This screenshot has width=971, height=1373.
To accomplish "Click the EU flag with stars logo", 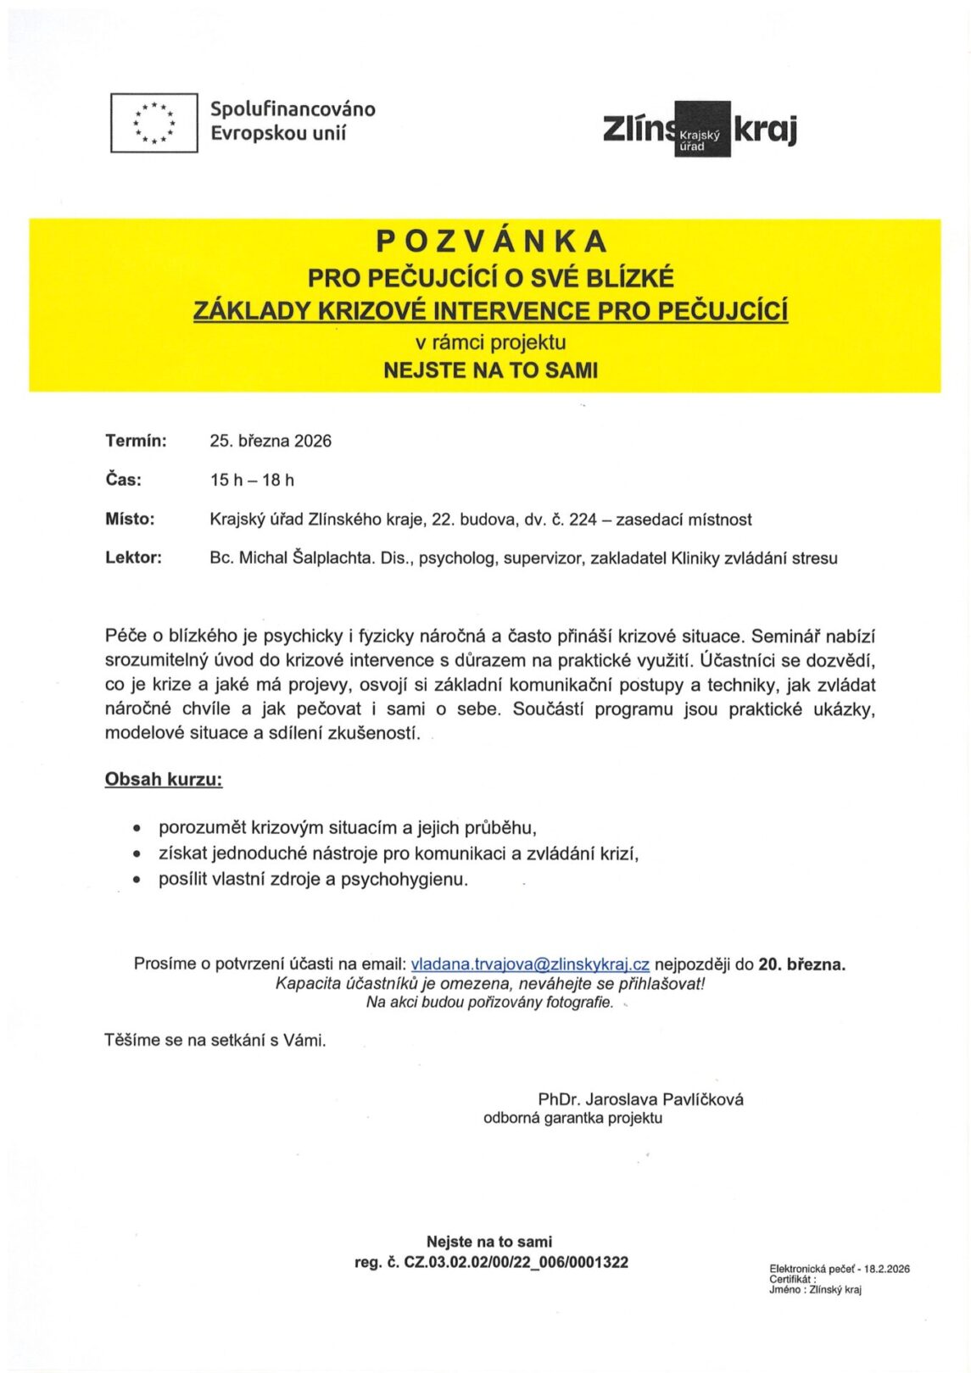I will [154, 123].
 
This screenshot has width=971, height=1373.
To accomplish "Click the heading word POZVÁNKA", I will [492, 242].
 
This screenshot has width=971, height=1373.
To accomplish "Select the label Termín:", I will [136, 441].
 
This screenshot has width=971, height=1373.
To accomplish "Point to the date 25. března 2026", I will [271, 441].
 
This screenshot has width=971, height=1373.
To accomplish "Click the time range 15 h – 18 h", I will [252, 481].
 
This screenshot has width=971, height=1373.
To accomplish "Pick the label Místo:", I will [130, 520].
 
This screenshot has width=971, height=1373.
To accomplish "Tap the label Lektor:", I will [133, 558].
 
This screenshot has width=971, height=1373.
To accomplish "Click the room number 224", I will [583, 520].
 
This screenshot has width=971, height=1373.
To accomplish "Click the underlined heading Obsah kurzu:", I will [164, 780].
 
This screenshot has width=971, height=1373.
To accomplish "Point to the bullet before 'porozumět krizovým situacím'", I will [137, 829].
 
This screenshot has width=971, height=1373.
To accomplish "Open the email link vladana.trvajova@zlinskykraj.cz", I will [530, 964].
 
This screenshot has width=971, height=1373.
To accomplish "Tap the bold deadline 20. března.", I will [801, 964].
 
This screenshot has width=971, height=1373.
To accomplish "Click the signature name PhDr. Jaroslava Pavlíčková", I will [640, 1099].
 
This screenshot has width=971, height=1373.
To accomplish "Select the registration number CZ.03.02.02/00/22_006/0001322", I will [516, 1263].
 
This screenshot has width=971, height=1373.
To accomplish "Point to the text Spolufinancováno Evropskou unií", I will [293, 121].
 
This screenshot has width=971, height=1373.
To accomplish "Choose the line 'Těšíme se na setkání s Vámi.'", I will [215, 1040].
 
